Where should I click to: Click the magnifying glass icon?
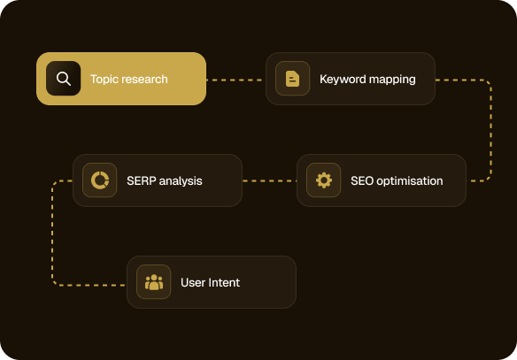point(64,79)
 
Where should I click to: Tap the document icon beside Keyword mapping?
point(292,79)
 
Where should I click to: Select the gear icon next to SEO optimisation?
point(324,180)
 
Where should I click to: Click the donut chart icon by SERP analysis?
point(100,180)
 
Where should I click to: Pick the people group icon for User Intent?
point(154,282)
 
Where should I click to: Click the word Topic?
point(104,80)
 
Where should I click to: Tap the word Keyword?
point(343,80)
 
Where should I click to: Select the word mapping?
point(392,80)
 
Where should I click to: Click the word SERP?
point(142,180)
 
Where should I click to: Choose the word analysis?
point(181,181)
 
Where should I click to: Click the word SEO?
point(362,180)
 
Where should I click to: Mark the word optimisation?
point(410,181)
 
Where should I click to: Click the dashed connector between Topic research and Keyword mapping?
point(235,80)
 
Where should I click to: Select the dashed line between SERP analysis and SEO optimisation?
point(269,180)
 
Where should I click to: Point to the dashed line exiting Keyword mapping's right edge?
point(491,128)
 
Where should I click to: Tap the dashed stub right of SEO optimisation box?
point(478,180)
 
